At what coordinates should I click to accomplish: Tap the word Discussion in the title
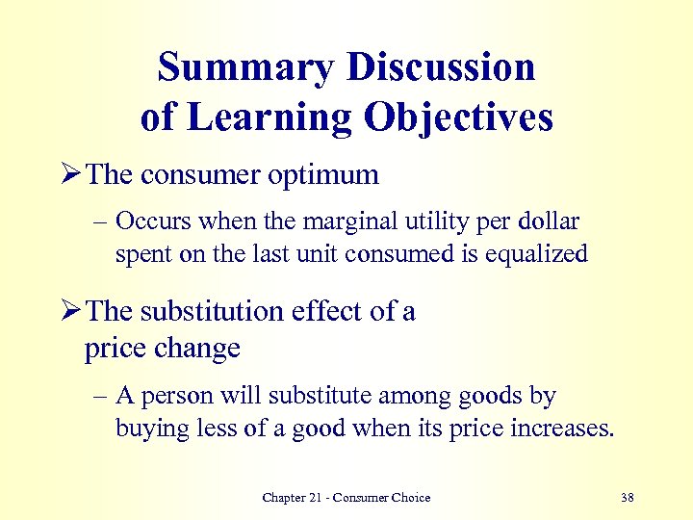pyautogui.click(x=440, y=68)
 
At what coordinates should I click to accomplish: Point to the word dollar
pyautogui.click(x=547, y=221)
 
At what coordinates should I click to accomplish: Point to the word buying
pyautogui.click(x=152, y=429)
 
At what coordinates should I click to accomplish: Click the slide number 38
pyautogui.click(x=628, y=498)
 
